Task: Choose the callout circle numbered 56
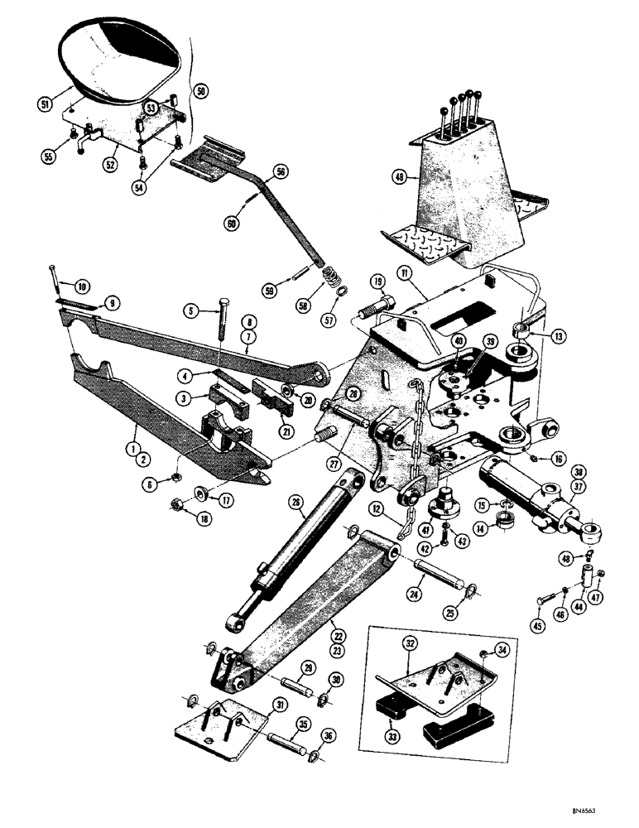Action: click(280, 172)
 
